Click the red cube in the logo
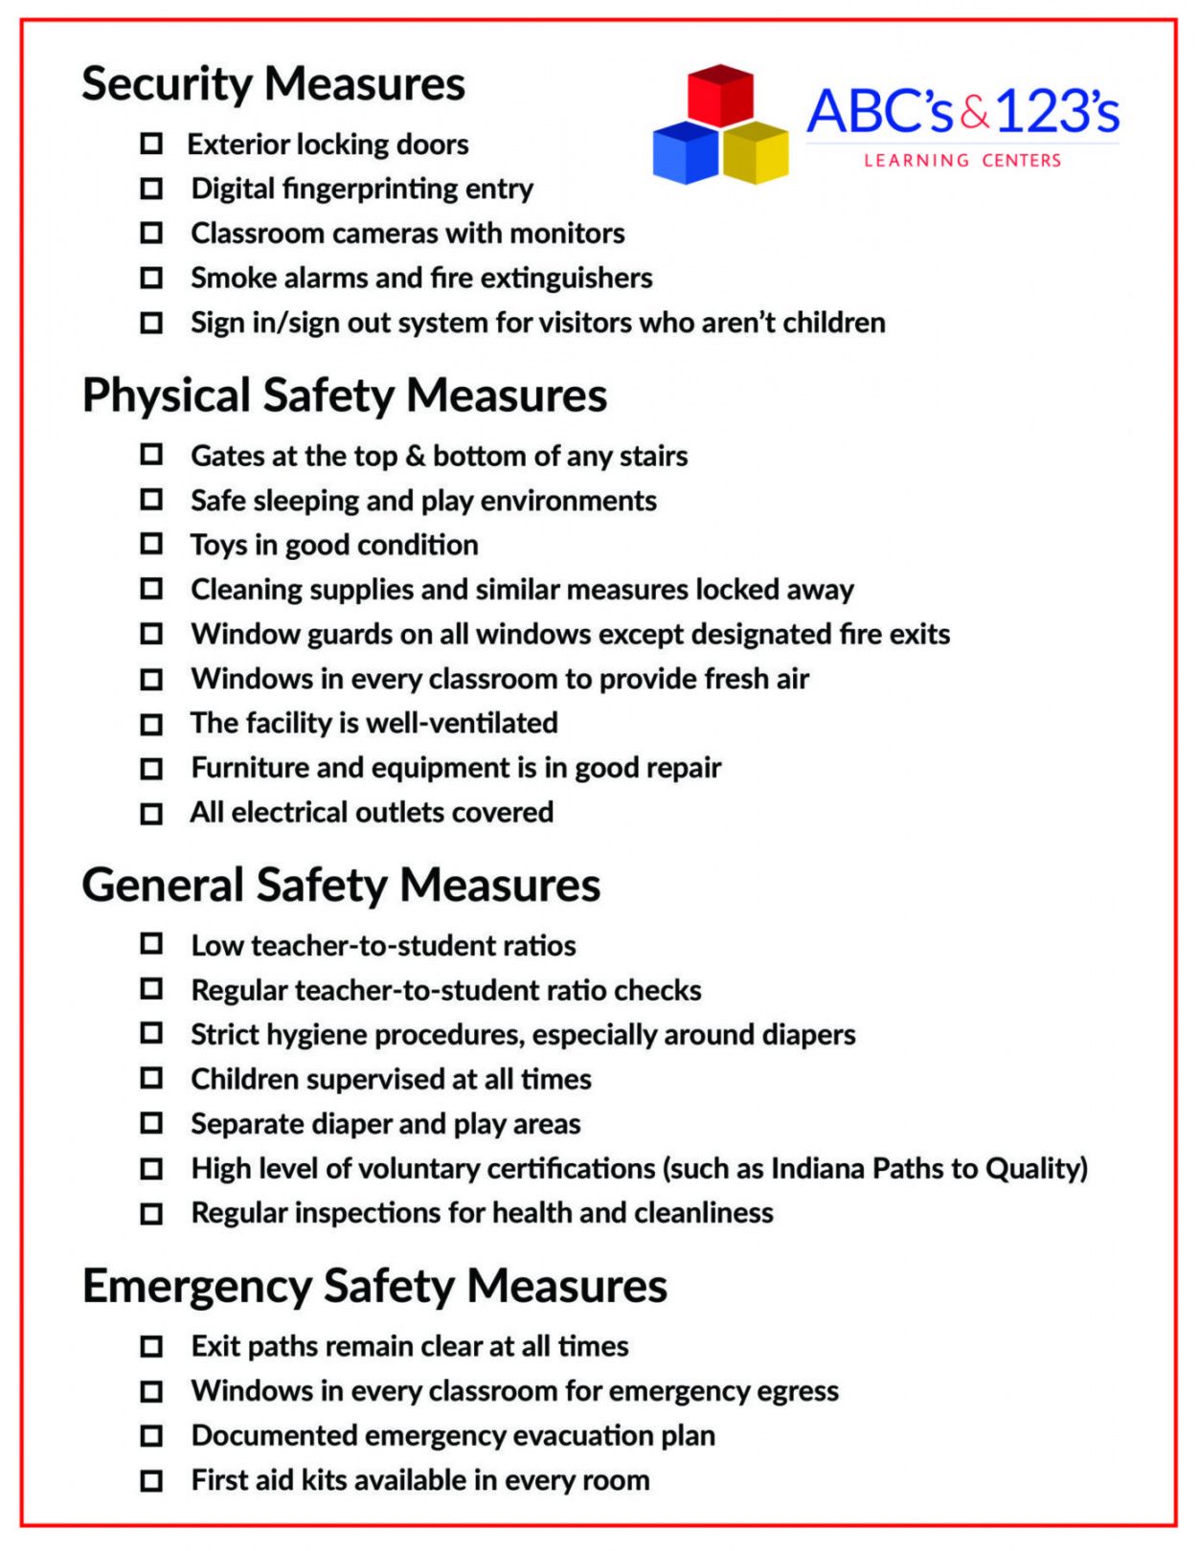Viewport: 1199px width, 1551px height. click(721, 96)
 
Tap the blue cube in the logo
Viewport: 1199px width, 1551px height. click(685, 153)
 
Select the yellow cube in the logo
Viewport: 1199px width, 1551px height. click(757, 153)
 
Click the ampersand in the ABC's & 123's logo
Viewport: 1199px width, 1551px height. click(975, 113)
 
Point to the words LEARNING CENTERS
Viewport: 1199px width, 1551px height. click(962, 161)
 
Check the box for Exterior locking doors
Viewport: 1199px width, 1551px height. click(151, 144)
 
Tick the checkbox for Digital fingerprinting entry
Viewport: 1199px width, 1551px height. click(151, 189)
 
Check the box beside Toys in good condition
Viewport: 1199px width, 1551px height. click(151, 544)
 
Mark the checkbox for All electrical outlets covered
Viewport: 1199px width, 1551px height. click(151, 813)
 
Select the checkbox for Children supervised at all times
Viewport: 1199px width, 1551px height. click(151, 1078)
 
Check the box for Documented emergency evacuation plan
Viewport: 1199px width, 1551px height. click(151, 1435)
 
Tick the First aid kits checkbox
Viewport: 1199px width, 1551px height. click(151, 1480)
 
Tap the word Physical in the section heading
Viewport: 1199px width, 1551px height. click(166, 396)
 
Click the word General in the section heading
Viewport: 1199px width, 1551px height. click(162, 885)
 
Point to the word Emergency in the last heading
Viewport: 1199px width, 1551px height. click(196, 1286)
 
